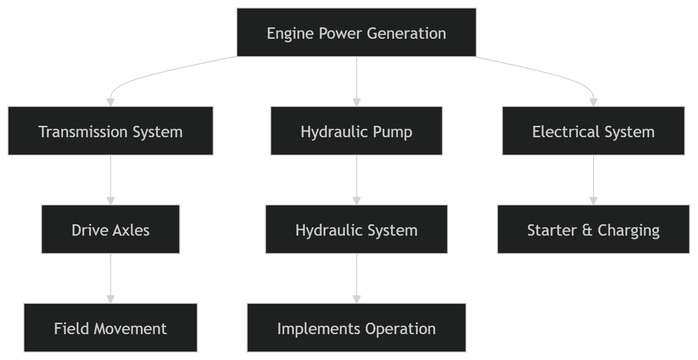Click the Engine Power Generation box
point(356,32)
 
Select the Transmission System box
point(110,131)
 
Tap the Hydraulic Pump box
point(356,131)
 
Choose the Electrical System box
point(593,131)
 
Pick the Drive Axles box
point(110,229)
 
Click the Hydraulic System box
point(356,229)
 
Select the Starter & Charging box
point(593,229)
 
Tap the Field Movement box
point(110,328)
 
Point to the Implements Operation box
point(356,328)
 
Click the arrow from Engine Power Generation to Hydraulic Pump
point(356,80)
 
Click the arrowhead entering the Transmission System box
point(110,102)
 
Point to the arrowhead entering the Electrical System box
point(593,102)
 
